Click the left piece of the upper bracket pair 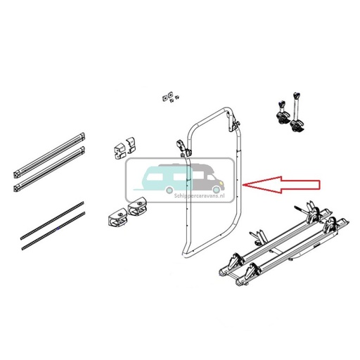tap(117, 150)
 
